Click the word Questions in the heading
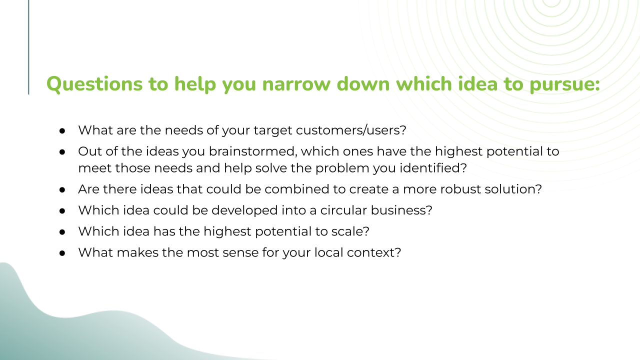point(94,84)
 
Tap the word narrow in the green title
point(296,84)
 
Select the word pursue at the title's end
point(564,85)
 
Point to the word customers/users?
point(351,130)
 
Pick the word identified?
point(433,168)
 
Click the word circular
point(343,210)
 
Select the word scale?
point(350,231)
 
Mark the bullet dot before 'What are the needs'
point(62,131)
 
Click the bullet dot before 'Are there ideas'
point(62,189)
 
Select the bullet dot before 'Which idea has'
point(62,232)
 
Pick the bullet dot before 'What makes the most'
point(62,253)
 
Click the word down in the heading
point(363,84)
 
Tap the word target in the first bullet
point(273,131)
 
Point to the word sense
point(240,253)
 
